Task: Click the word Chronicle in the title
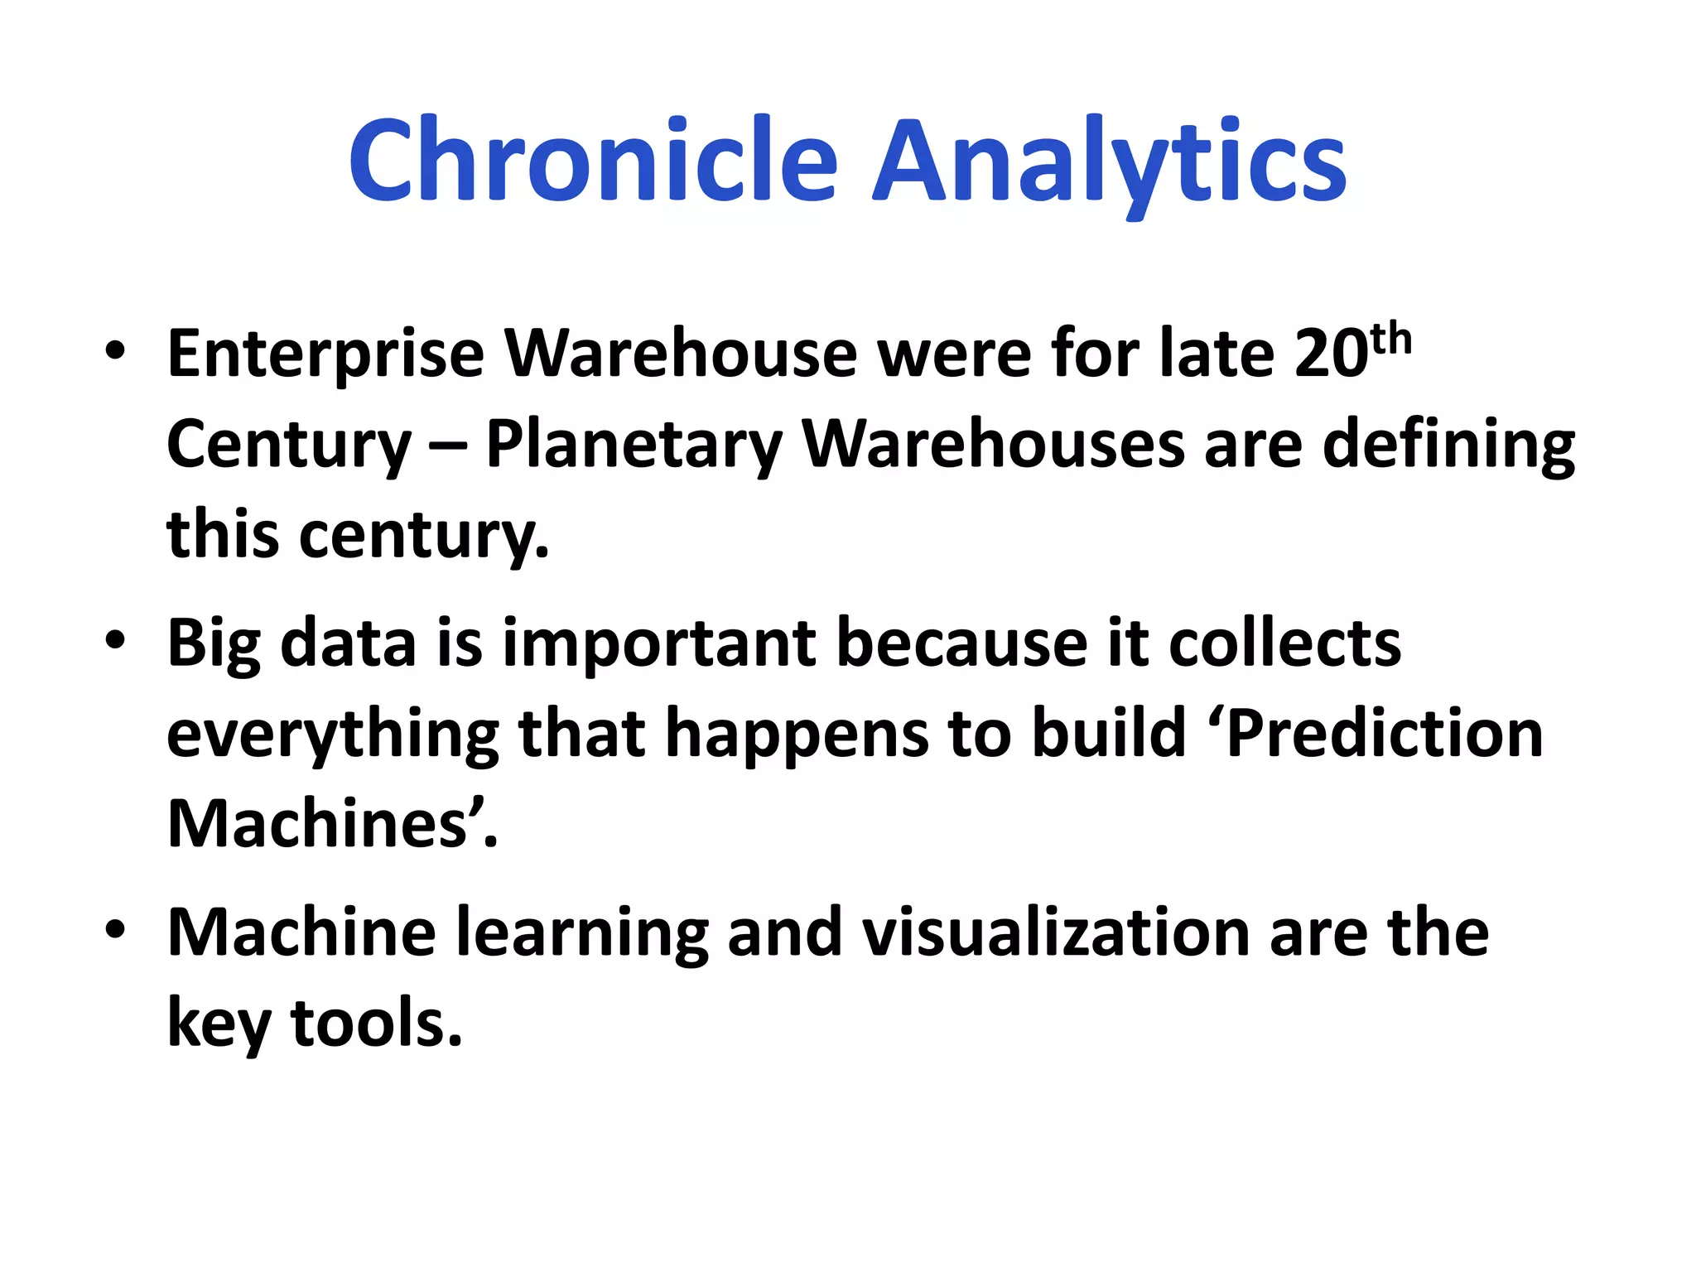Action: (593, 161)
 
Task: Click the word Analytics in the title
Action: (1110, 161)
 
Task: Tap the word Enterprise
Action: (325, 354)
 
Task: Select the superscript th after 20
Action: (1390, 340)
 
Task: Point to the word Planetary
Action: (634, 446)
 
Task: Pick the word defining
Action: (1448, 446)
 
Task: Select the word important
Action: (658, 644)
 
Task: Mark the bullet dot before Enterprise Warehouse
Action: (115, 350)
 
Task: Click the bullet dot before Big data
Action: (115, 640)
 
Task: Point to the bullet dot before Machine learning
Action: (115, 929)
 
